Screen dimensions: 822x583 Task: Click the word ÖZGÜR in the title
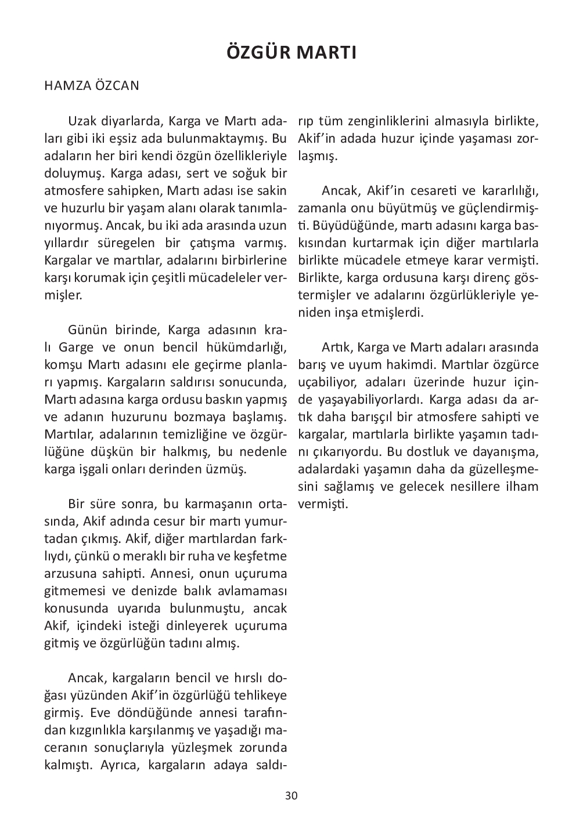[x=258, y=52]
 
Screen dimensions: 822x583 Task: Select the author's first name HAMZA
[x=64, y=86]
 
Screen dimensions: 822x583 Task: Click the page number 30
[x=291, y=795]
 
